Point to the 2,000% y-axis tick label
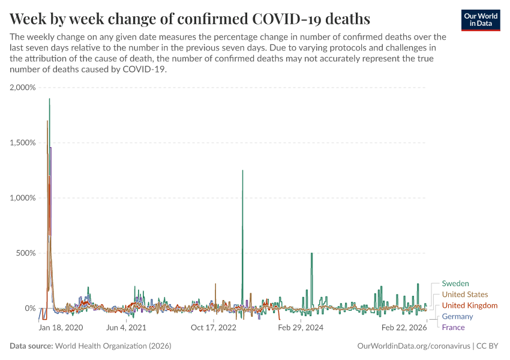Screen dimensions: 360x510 [23, 88]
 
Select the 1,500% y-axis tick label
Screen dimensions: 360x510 [23, 143]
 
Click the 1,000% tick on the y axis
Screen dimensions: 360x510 [23, 198]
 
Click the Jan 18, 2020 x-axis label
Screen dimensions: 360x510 [61, 328]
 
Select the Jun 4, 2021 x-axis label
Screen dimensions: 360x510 [126, 328]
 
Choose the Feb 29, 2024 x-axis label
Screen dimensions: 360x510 [301, 328]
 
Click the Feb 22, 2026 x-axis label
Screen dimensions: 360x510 [404, 328]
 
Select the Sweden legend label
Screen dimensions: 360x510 [455, 283]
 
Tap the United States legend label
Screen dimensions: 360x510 [465, 295]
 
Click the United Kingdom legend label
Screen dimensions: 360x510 [470, 305]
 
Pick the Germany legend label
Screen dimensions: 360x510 [458, 316]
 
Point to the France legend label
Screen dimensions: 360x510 [453, 327]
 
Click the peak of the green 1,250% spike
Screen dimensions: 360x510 [242, 170]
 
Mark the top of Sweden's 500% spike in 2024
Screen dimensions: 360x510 [312, 253]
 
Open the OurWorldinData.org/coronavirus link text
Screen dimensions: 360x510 [413, 346]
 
